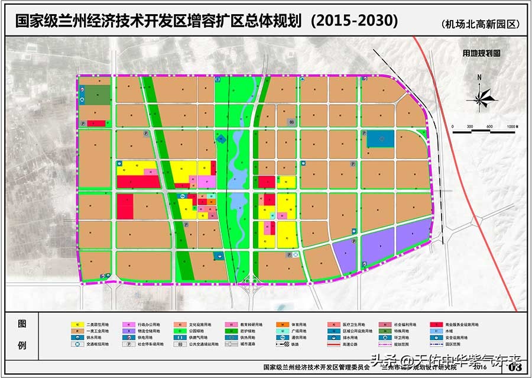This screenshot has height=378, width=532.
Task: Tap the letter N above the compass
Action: [x=480, y=77]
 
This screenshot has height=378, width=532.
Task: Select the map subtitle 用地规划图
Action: [x=482, y=53]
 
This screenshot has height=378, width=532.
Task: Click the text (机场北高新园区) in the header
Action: [x=479, y=24]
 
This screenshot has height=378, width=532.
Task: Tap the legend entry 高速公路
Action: [x=355, y=344]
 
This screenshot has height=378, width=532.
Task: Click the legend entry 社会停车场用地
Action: [x=151, y=344]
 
